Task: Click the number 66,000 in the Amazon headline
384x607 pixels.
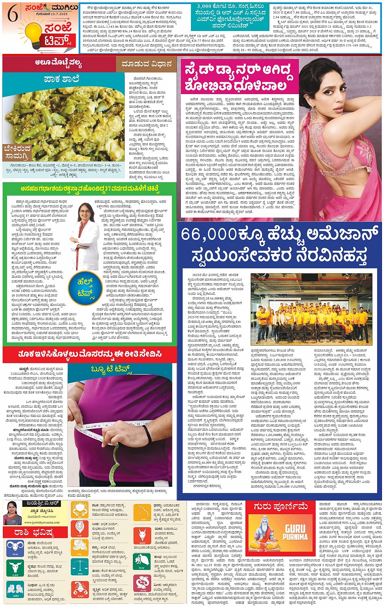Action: tap(209, 234)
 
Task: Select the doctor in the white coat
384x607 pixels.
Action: tap(86, 236)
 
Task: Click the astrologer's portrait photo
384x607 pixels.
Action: tap(12, 513)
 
